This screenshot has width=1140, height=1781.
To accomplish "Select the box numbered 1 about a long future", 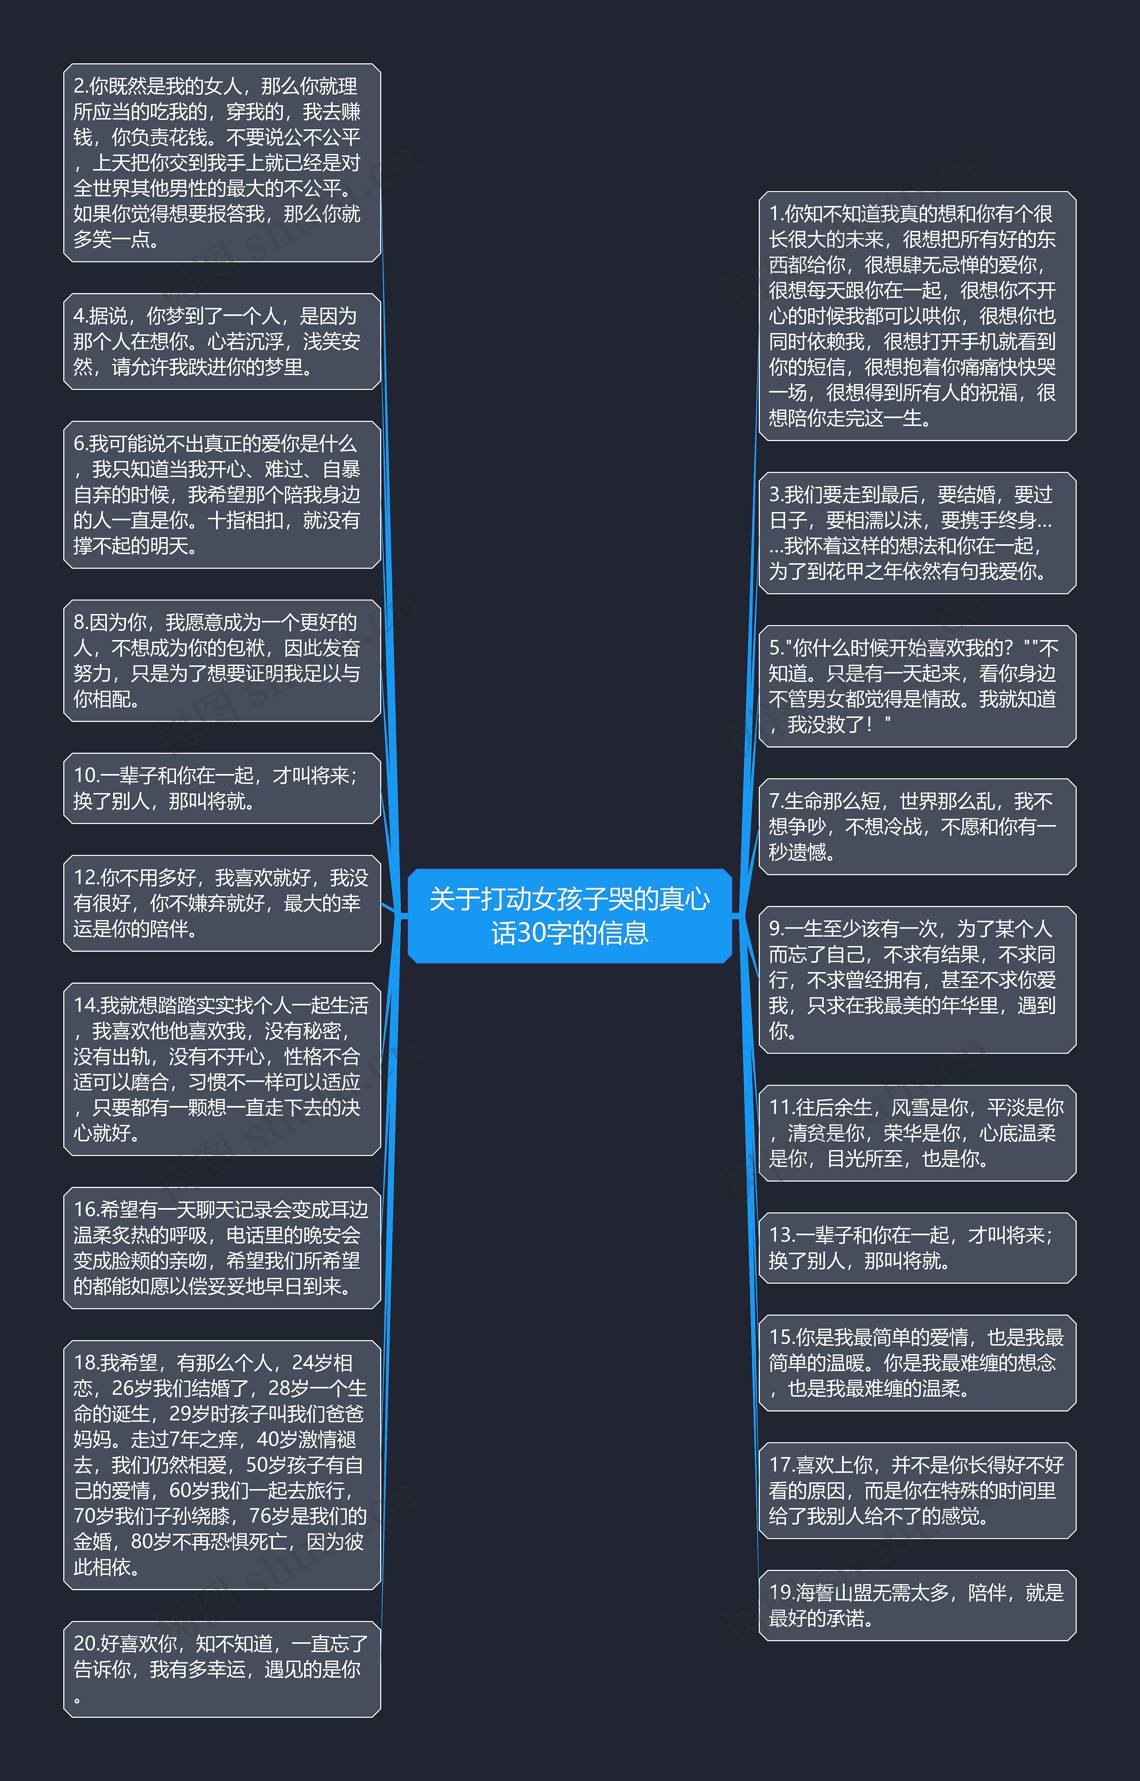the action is point(917,316).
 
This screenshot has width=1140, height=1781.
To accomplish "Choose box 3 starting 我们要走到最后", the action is point(917,533).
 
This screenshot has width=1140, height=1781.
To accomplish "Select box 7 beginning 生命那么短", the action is point(917,827).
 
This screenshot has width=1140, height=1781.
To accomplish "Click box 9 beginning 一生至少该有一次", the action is point(917,980).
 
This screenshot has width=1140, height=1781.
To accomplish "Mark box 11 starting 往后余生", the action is point(917,1133).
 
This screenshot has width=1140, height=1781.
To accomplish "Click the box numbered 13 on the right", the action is point(917,1248).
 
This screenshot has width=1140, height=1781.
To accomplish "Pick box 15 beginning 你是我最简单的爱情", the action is point(917,1363).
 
